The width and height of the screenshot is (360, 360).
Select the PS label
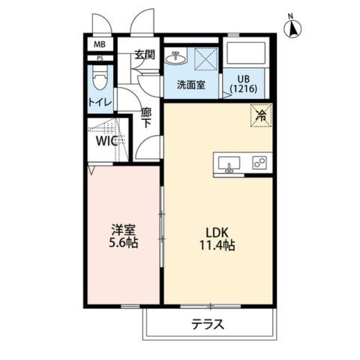(98, 58)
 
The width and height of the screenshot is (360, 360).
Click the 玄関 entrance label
(144, 55)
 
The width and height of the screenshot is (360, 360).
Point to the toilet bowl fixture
(97, 78)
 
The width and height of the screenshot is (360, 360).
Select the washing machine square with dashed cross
(207, 58)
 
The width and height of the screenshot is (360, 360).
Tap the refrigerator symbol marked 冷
(261, 115)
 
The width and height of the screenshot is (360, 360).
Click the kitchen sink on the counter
(229, 163)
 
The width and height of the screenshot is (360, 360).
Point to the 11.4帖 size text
(220, 244)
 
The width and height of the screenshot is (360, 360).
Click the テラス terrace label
(208, 325)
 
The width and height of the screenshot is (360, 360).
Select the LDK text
(220, 230)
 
